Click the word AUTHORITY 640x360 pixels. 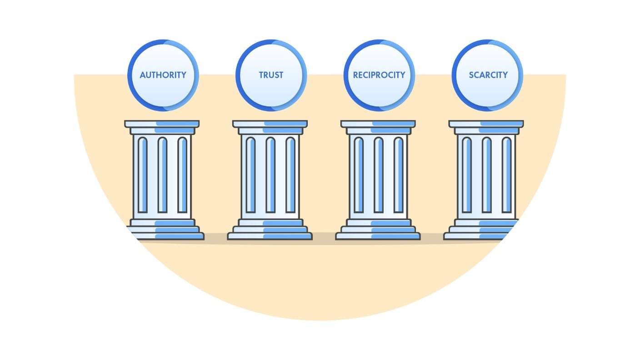163,75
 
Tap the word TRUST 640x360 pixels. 271,75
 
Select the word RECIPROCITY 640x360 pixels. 379,75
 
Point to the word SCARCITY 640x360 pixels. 488,75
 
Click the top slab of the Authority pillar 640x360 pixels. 162,124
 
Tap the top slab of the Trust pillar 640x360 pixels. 270,124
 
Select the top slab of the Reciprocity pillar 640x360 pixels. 378,124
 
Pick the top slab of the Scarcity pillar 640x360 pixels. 486,124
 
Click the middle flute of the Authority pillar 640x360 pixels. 162,175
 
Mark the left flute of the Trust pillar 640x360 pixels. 250,175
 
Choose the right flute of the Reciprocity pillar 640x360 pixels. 399,175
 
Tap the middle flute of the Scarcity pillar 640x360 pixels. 487,175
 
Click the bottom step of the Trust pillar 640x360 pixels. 270,236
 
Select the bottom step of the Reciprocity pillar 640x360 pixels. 378,236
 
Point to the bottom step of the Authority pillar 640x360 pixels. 166,236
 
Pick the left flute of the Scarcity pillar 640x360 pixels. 467,175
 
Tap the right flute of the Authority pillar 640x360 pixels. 182,175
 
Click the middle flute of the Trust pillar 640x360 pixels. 270,175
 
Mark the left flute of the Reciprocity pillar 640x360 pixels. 359,175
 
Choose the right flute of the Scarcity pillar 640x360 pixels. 507,175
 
